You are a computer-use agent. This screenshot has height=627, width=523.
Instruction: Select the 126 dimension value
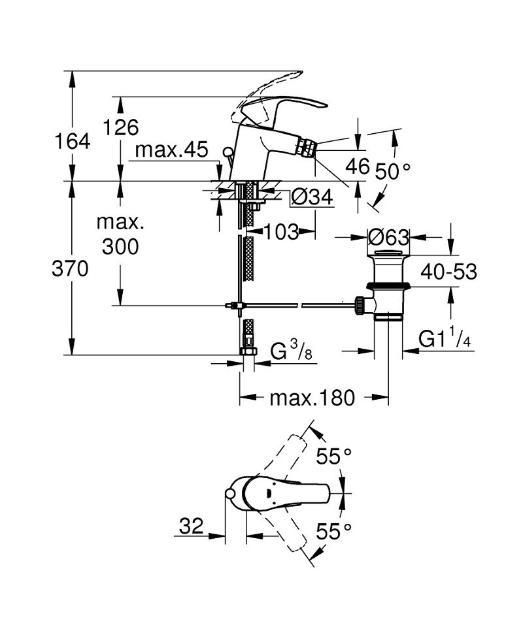(x=122, y=127)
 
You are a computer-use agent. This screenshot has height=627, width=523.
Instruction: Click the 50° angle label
(x=394, y=172)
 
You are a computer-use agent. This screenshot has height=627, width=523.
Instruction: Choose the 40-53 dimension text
(x=447, y=271)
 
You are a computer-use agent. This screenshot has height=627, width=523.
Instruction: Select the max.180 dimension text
(x=312, y=397)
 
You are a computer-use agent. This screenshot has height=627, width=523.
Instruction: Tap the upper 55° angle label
(x=334, y=456)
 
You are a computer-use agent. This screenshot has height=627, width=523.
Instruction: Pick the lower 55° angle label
(x=334, y=531)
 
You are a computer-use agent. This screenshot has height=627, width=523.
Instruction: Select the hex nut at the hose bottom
(x=248, y=351)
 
